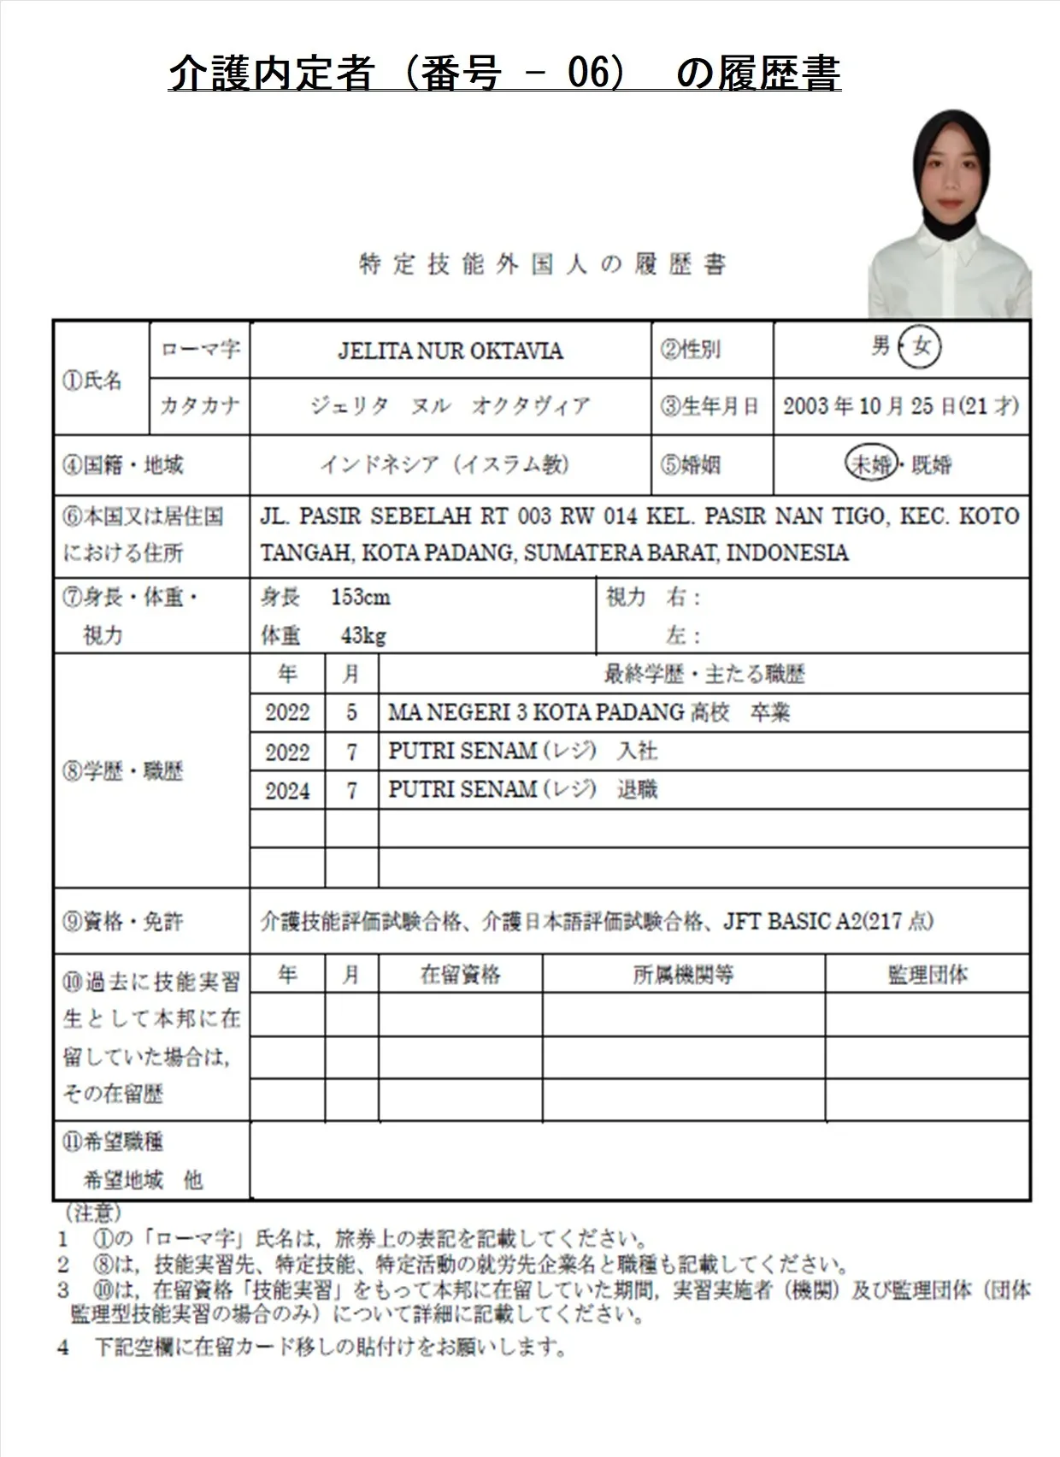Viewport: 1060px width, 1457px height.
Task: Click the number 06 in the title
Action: click(x=588, y=74)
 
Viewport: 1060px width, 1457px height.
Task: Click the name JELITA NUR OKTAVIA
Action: click(x=450, y=351)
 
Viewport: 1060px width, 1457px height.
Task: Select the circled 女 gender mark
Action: click(x=921, y=347)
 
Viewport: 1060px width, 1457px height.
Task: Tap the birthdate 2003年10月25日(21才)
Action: click(x=900, y=406)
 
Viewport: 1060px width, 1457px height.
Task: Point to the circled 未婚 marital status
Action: click(x=870, y=464)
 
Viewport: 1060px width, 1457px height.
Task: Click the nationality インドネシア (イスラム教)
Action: click(x=445, y=464)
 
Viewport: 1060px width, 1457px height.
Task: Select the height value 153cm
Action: click(x=360, y=597)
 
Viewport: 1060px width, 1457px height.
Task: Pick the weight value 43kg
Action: click(x=362, y=635)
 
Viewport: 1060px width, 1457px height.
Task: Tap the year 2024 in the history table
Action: click(x=287, y=790)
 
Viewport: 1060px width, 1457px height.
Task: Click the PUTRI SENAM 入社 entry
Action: click(x=522, y=751)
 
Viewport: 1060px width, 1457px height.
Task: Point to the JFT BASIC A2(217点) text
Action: click(x=827, y=921)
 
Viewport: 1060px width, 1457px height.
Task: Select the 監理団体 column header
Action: click(x=927, y=975)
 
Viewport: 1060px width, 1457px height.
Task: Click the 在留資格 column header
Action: click(x=460, y=975)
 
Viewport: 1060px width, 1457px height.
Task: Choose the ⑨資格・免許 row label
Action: click(x=123, y=921)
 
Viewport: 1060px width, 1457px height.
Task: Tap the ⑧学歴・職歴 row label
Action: click(x=123, y=771)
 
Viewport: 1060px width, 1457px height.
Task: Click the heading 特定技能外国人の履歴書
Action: click(x=542, y=264)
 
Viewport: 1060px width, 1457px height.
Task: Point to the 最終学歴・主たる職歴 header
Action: click(x=704, y=675)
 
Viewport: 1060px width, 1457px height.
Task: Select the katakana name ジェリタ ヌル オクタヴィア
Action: click(x=450, y=406)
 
